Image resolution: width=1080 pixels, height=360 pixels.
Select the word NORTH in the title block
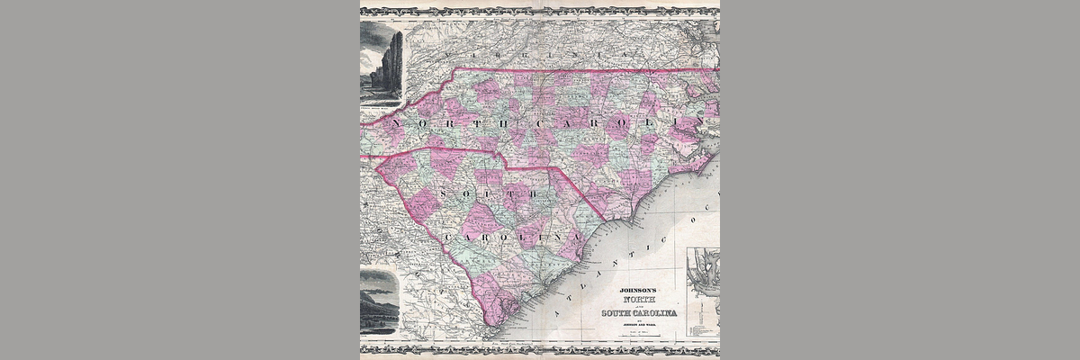click(643, 301)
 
